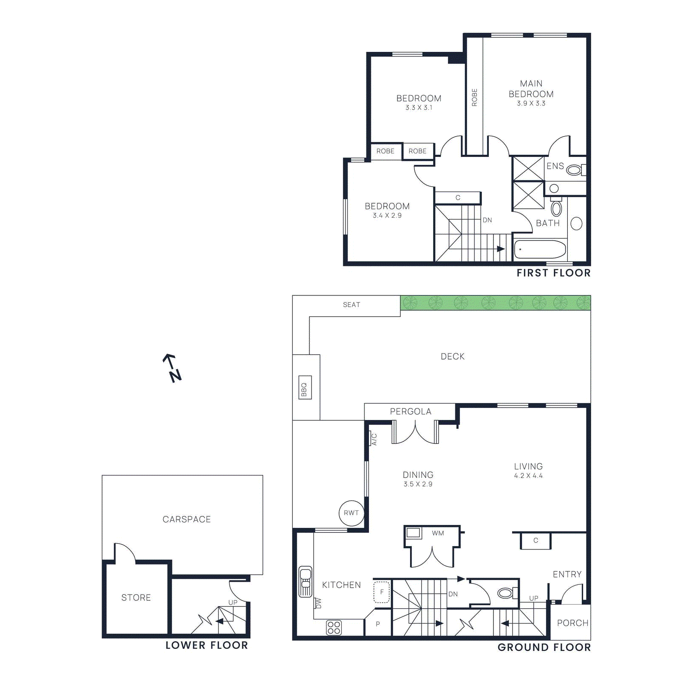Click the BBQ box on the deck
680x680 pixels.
pos(305,388)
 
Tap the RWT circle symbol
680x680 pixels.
pos(351,513)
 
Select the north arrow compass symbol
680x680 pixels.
pos(172,368)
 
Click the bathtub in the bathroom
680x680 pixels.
pos(540,249)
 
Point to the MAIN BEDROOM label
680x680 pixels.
pos(531,89)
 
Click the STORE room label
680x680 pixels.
pos(136,598)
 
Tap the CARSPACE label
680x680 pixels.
pos(187,519)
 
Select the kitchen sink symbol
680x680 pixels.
pos(305,581)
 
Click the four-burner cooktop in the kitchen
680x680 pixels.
pos(334,628)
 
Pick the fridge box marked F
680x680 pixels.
pos(382,592)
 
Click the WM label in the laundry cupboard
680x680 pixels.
pos(438,533)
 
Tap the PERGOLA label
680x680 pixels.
pos(411,411)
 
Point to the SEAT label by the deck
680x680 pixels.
pos(351,305)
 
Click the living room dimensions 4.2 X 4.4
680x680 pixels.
pos(528,476)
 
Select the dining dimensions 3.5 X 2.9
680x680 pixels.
pos(418,484)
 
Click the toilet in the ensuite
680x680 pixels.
pos(574,170)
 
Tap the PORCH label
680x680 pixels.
pos(572,623)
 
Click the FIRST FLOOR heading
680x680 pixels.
pos(553,273)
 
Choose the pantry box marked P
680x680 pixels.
pos(378,624)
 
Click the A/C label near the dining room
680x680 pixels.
pos(374,439)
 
